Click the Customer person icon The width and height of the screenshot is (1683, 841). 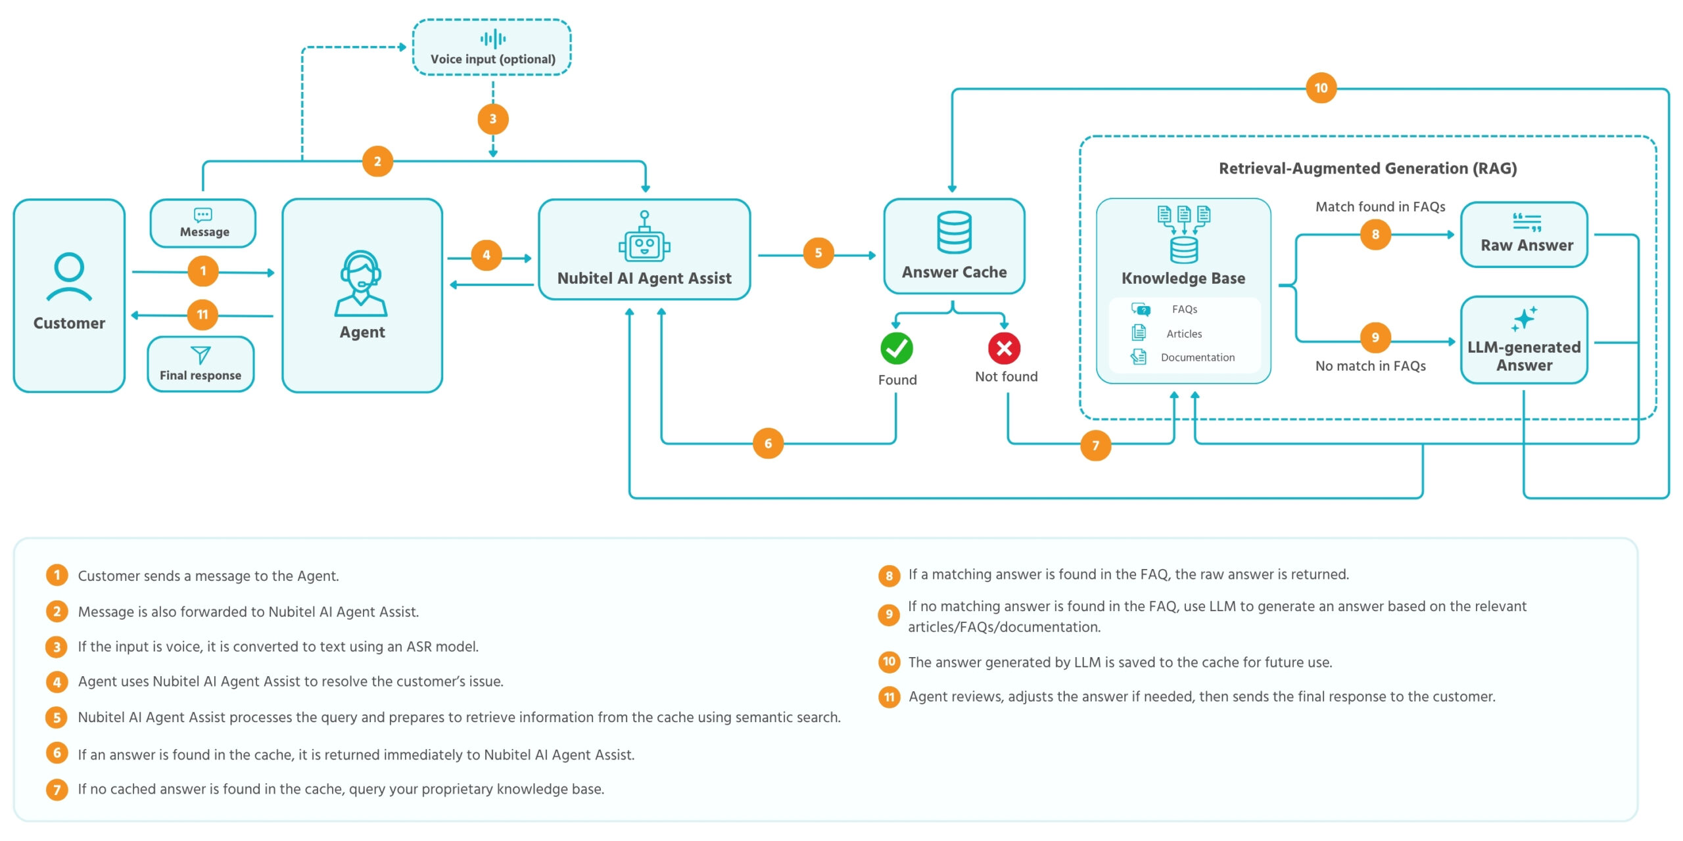tap(69, 277)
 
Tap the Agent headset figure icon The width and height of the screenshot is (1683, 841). tap(361, 283)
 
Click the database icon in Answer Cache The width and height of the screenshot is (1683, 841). tap(954, 232)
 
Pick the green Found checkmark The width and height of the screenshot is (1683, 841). tap(897, 348)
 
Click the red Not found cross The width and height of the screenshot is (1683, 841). tap(1004, 348)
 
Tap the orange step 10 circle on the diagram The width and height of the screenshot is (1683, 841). tap(1321, 88)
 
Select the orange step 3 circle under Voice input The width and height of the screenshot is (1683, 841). tap(493, 120)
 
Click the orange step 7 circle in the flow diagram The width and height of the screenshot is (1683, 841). tap(1095, 445)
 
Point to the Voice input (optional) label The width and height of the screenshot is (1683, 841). tap(493, 59)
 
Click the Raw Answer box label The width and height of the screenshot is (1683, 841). tap(1527, 245)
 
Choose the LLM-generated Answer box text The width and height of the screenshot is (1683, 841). tap(1524, 356)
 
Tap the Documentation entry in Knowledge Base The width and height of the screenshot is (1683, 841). tap(1198, 357)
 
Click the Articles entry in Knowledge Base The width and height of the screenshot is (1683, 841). tap(1184, 334)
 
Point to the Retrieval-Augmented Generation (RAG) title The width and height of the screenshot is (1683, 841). tap(1367, 169)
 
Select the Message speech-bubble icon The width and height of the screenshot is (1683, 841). tap(203, 215)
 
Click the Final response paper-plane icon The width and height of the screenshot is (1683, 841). tap(201, 355)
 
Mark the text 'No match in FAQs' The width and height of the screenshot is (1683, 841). tap(1370, 366)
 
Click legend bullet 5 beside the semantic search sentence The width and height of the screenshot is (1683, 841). tap(57, 717)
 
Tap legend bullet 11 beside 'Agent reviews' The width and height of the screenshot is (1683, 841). tap(889, 697)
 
